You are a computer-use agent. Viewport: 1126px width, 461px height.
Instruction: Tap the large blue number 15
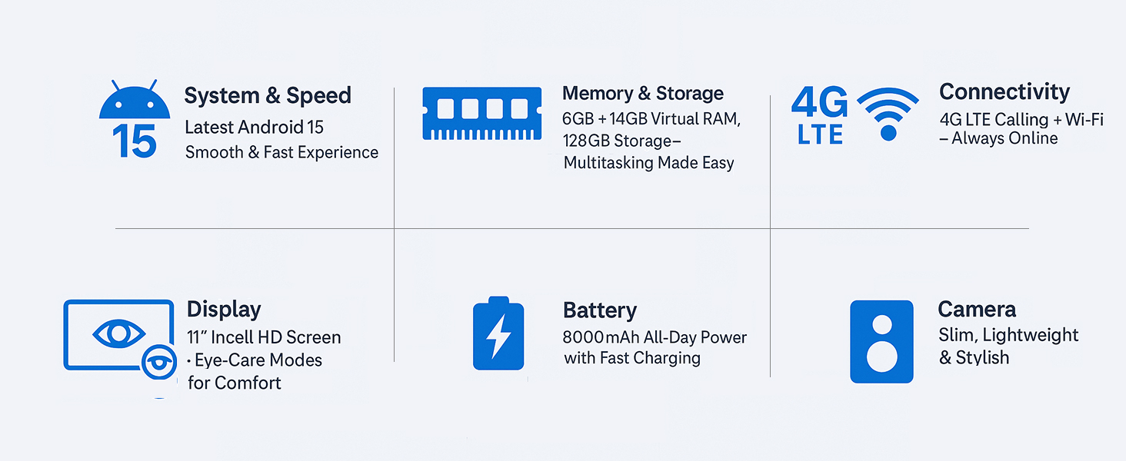[135, 141]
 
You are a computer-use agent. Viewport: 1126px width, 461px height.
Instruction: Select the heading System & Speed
[268, 95]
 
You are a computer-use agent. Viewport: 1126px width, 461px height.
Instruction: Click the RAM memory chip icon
[482, 114]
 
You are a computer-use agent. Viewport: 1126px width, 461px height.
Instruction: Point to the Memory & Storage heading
[643, 94]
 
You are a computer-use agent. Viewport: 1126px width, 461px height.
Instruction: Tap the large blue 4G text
[820, 102]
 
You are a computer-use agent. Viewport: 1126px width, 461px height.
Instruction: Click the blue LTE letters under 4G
[821, 134]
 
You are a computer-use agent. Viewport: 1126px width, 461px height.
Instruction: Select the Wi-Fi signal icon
[888, 114]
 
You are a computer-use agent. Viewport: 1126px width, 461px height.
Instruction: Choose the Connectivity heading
[1004, 92]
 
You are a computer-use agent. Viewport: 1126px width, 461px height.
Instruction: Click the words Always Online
[1004, 138]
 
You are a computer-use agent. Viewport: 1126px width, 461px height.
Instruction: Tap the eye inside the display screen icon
[119, 333]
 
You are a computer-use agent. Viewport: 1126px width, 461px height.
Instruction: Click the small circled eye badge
[159, 362]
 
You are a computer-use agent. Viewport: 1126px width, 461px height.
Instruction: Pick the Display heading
[224, 310]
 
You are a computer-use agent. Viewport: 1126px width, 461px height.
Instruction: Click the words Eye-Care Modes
[258, 360]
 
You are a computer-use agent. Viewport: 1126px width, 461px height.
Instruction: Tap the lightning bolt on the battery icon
[498, 337]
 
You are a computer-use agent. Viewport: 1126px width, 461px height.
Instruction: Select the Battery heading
[600, 310]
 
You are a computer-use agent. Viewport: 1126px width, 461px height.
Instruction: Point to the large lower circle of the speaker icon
[881, 357]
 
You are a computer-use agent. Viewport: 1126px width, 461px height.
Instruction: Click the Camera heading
[977, 310]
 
